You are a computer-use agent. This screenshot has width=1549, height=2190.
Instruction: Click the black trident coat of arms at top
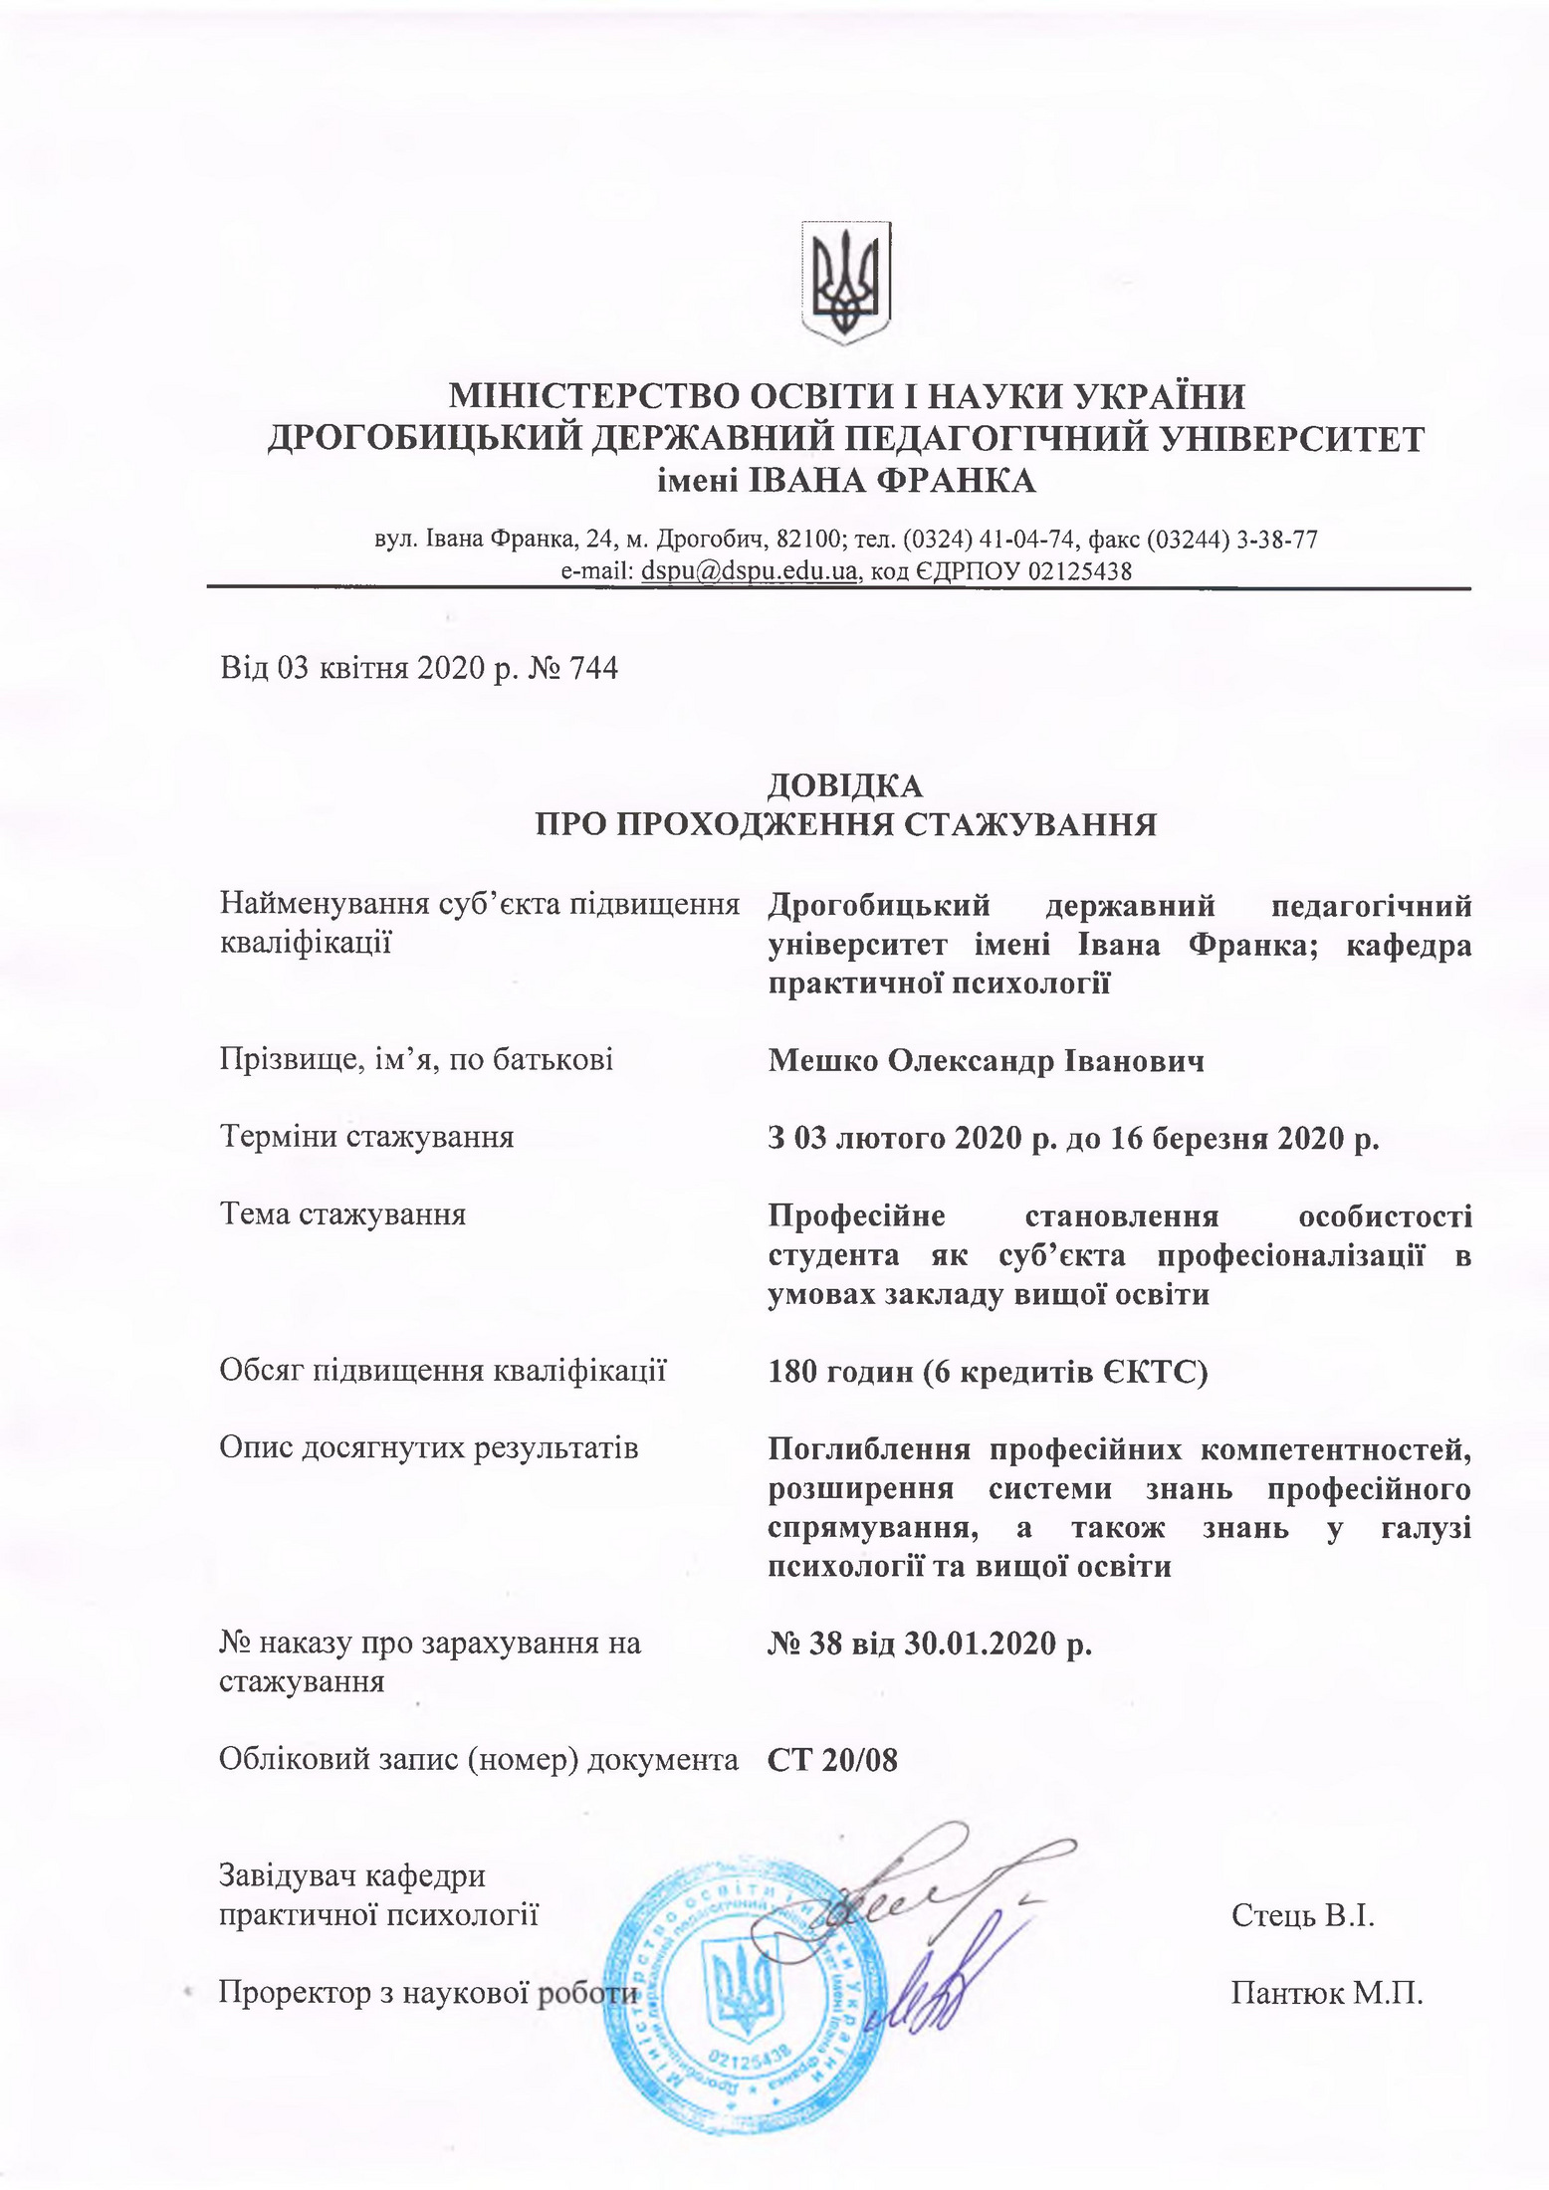[845, 282]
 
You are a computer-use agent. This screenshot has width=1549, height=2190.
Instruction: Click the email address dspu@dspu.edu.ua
[750, 571]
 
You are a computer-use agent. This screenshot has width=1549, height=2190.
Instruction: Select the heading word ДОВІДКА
[845, 786]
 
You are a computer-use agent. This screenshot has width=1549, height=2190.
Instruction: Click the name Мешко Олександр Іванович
[986, 1061]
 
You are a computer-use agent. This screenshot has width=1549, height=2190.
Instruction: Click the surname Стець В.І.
[1302, 1914]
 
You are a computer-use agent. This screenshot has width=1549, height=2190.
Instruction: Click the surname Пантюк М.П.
[1326, 1994]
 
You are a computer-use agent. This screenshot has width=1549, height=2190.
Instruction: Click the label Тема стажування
[342, 1215]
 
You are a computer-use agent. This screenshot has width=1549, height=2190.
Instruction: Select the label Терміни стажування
[366, 1137]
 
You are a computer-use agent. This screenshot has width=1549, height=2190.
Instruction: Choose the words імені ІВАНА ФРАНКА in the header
[845, 482]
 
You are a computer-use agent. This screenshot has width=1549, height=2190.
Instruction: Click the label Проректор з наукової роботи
[427, 1994]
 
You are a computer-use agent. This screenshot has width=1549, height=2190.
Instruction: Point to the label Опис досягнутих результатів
[428, 1448]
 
